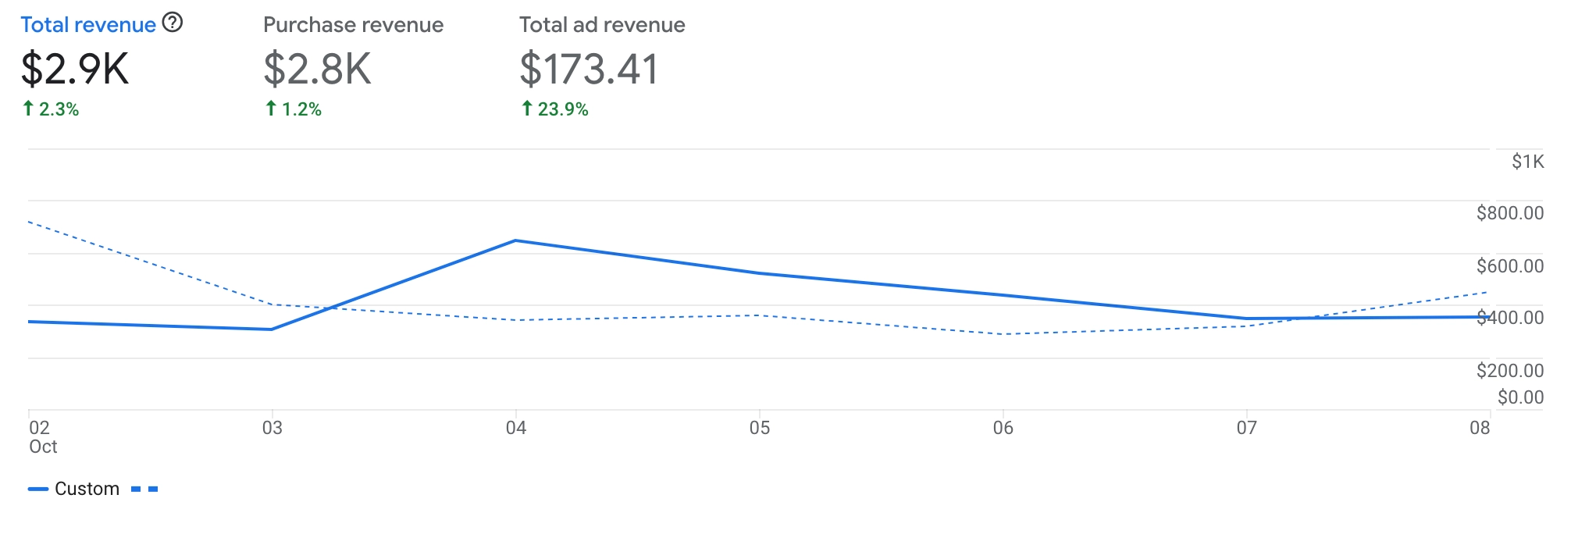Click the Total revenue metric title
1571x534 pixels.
[x=87, y=25]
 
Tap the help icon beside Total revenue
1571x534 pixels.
[x=173, y=23]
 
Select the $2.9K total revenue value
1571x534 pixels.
[x=74, y=69]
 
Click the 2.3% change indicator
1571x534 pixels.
[x=51, y=109]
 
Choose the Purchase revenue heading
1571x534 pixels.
[x=353, y=25]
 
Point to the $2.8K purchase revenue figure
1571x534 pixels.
[x=317, y=69]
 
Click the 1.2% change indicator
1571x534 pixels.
[x=294, y=109]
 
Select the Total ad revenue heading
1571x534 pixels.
[x=602, y=25]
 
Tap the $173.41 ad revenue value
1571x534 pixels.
[x=590, y=69]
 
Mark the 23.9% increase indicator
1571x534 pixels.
[x=555, y=109]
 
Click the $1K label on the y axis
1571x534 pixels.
[x=1527, y=162]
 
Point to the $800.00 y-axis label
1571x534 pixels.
[x=1509, y=213]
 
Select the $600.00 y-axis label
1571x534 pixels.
[x=1509, y=266]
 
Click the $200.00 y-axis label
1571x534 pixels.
[x=1509, y=371]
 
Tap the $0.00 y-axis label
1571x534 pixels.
[x=1520, y=397]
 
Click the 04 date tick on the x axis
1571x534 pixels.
[x=515, y=428]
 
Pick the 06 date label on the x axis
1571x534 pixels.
[x=1003, y=428]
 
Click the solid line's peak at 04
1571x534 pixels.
[x=515, y=240]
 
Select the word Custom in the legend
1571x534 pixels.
[x=87, y=489]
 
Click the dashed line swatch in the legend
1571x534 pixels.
[x=144, y=489]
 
